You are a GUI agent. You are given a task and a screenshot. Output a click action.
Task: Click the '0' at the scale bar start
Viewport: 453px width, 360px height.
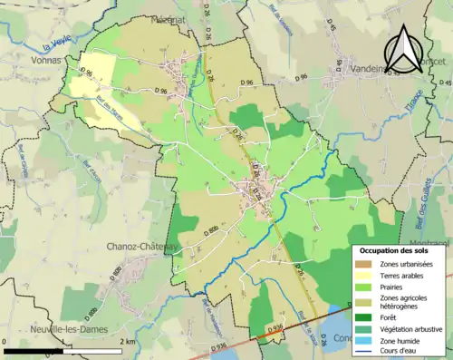(x=6, y=342)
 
